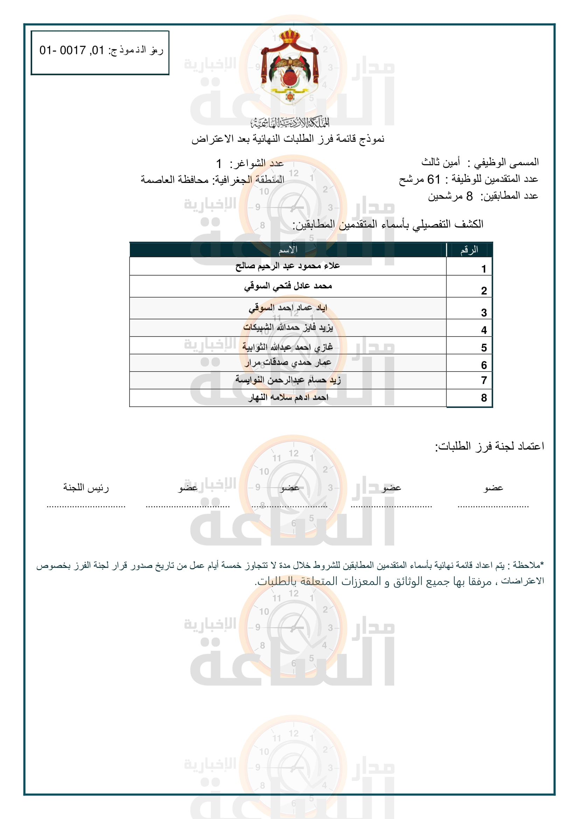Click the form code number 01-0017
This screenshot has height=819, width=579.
click(72, 50)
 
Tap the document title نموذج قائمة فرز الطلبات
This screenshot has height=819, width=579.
click(288, 139)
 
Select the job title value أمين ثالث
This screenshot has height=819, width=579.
click(441, 162)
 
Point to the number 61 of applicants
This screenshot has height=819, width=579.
click(433, 179)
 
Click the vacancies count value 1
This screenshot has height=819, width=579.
click(219, 164)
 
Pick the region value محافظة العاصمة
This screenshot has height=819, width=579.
click(175, 179)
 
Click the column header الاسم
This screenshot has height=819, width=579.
click(288, 250)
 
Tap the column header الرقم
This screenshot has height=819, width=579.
click(469, 250)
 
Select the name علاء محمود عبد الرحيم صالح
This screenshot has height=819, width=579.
click(288, 266)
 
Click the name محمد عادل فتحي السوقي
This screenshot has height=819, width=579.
click(288, 286)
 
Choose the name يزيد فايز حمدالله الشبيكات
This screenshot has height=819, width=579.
click(288, 327)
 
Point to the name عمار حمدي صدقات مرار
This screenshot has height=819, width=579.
click(288, 362)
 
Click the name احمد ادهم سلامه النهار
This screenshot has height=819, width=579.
click(288, 397)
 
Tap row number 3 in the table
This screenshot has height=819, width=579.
click(484, 313)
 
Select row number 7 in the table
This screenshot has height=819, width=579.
click(484, 380)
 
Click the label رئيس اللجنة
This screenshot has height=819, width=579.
click(86, 487)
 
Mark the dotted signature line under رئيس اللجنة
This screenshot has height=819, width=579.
click(86, 506)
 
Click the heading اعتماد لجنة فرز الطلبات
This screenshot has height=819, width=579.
click(489, 446)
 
